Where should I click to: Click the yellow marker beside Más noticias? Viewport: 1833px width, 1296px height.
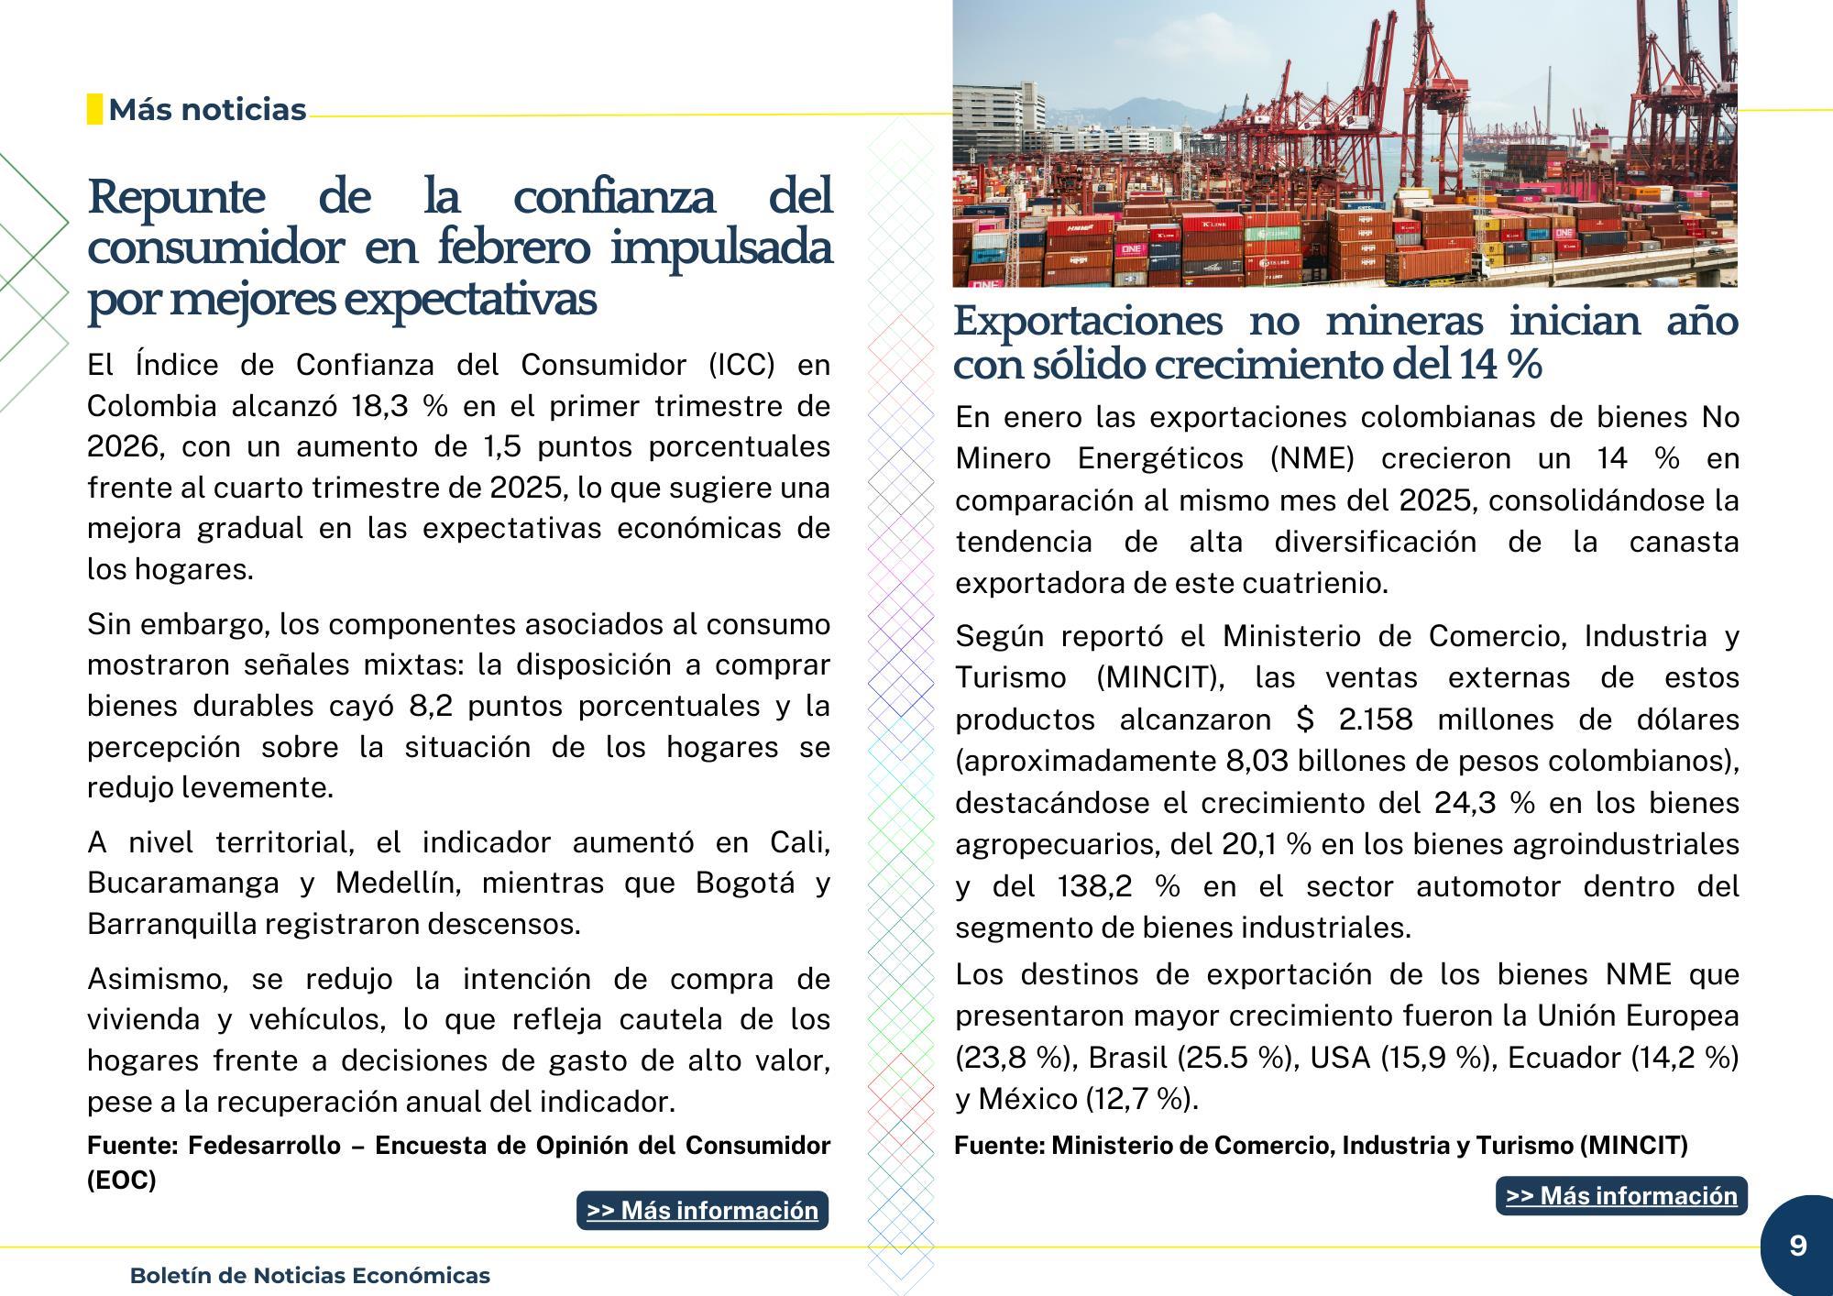94,109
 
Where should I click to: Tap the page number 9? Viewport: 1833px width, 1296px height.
1797,1246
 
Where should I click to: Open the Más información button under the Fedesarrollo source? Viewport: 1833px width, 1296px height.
702,1210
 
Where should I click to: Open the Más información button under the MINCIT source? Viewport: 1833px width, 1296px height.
1621,1195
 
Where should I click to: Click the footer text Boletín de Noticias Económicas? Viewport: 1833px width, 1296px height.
310,1275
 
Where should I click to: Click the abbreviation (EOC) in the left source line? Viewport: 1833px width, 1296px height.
122,1180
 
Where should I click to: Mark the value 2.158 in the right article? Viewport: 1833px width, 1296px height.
1376,719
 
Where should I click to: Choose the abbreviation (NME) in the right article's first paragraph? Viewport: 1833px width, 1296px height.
1312,458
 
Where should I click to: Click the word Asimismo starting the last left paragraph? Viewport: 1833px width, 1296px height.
156,979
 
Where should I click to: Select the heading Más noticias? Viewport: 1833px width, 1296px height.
207,109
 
